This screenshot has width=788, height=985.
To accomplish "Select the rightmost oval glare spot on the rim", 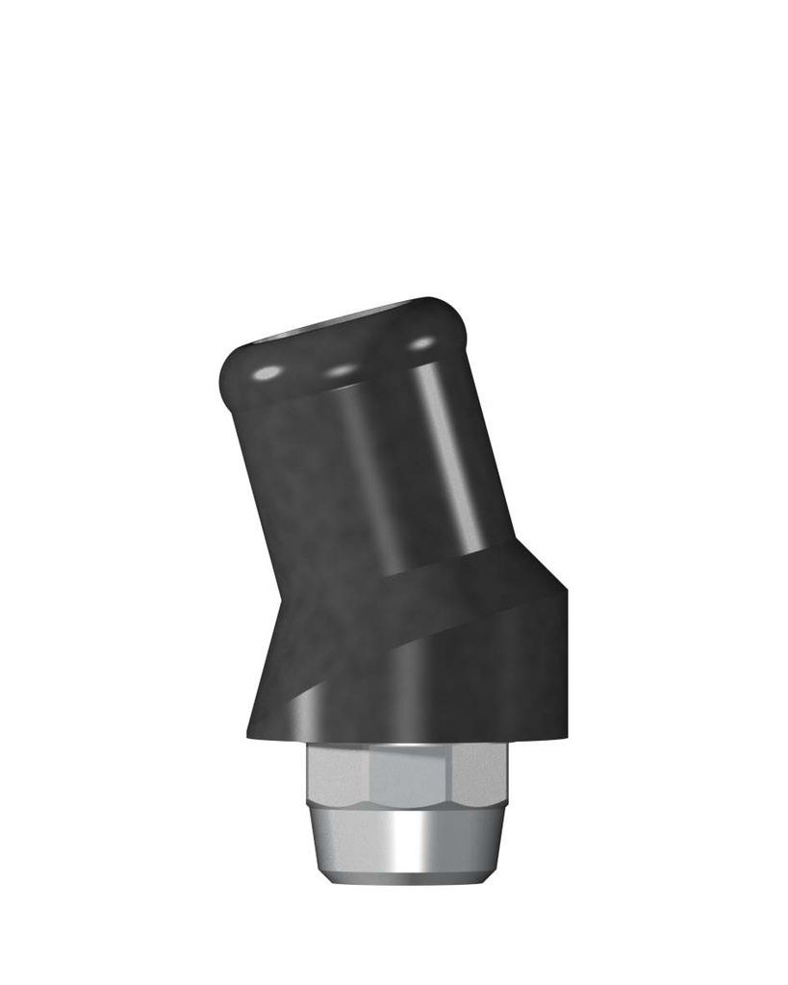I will (420, 342).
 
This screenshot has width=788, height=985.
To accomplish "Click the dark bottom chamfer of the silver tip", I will (404, 877).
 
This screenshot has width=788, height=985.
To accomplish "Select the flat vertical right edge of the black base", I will (565, 664).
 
